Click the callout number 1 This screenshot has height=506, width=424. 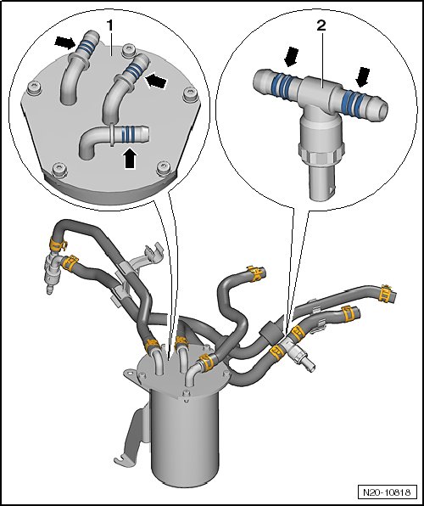click(110, 25)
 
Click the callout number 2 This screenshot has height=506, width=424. click(321, 25)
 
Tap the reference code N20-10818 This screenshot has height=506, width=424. click(387, 492)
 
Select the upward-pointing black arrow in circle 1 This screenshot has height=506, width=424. click(130, 158)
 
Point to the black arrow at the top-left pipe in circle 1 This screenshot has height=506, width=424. click(65, 42)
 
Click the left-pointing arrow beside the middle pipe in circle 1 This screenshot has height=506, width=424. click(155, 81)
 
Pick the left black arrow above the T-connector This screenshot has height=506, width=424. click(291, 57)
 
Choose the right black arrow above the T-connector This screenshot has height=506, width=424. click(362, 76)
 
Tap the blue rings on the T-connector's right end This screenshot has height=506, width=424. click(354, 100)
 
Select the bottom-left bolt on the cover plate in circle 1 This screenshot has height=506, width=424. click(59, 169)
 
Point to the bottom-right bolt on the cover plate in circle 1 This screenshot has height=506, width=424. click(164, 168)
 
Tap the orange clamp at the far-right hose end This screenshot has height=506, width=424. click(386, 295)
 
